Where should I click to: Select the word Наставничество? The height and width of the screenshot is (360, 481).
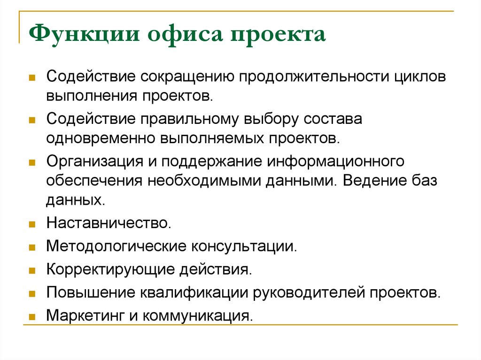tap(108, 223)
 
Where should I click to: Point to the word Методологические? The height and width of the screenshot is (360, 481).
tap(115, 246)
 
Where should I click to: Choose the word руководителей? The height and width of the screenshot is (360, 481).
tap(309, 292)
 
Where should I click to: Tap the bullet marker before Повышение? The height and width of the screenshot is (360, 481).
tap(32, 293)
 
